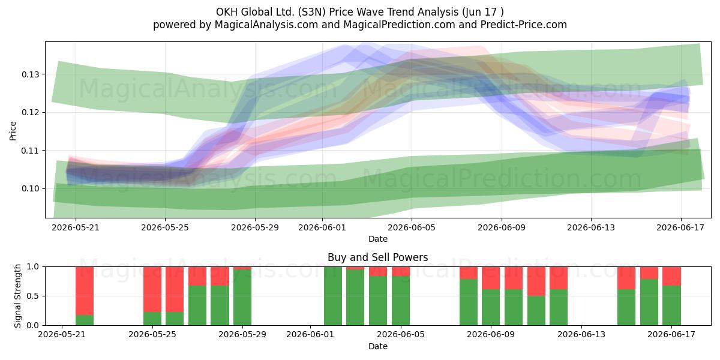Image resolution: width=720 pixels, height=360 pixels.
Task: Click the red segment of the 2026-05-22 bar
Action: click(x=85, y=291)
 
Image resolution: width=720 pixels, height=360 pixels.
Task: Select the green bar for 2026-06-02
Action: click(x=333, y=296)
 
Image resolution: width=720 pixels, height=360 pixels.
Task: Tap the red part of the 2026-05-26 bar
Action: click(x=175, y=289)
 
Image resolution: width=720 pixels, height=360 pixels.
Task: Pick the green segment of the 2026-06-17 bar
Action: click(x=672, y=305)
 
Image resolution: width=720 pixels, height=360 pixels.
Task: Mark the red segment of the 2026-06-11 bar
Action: click(x=536, y=281)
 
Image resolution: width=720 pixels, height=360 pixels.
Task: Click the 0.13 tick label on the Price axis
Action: click(x=30, y=74)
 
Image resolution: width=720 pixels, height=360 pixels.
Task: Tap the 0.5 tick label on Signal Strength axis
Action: click(x=33, y=296)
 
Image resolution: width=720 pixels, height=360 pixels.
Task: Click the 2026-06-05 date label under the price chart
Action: click(x=412, y=227)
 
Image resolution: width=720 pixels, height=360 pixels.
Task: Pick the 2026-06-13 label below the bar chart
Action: click(x=581, y=335)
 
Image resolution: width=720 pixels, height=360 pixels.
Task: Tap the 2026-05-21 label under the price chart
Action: click(x=76, y=227)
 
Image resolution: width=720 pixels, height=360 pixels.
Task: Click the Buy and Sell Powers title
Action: click(x=377, y=257)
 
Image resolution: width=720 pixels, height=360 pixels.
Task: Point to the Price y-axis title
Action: click(x=13, y=131)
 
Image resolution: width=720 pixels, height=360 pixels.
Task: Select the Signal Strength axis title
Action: click(x=17, y=296)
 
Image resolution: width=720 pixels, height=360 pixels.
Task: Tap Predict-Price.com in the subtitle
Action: click(x=524, y=25)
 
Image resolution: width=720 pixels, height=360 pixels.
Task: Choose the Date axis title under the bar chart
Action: click(x=377, y=346)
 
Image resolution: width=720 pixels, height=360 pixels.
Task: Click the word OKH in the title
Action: click(x=227, y=12)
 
